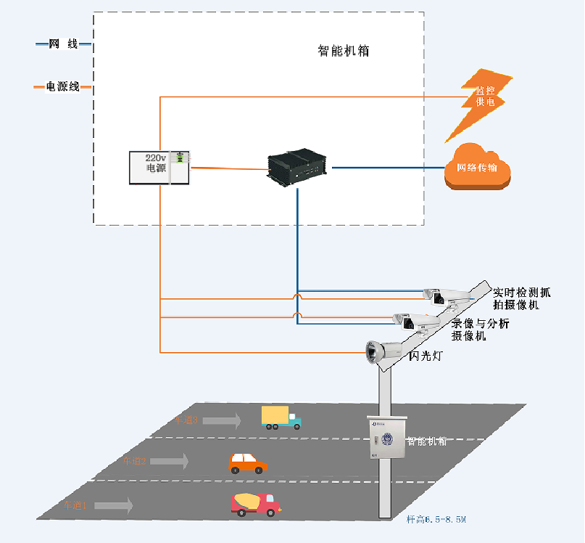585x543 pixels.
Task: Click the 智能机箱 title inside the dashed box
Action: coord(344,52)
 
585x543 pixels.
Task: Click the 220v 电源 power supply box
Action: coord(159,167)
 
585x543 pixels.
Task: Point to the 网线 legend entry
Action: coord(63,44)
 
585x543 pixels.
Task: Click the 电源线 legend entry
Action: coord(63,87)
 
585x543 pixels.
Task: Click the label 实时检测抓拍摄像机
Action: coord(521,298)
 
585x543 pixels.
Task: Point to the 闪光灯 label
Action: coord(427,356)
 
